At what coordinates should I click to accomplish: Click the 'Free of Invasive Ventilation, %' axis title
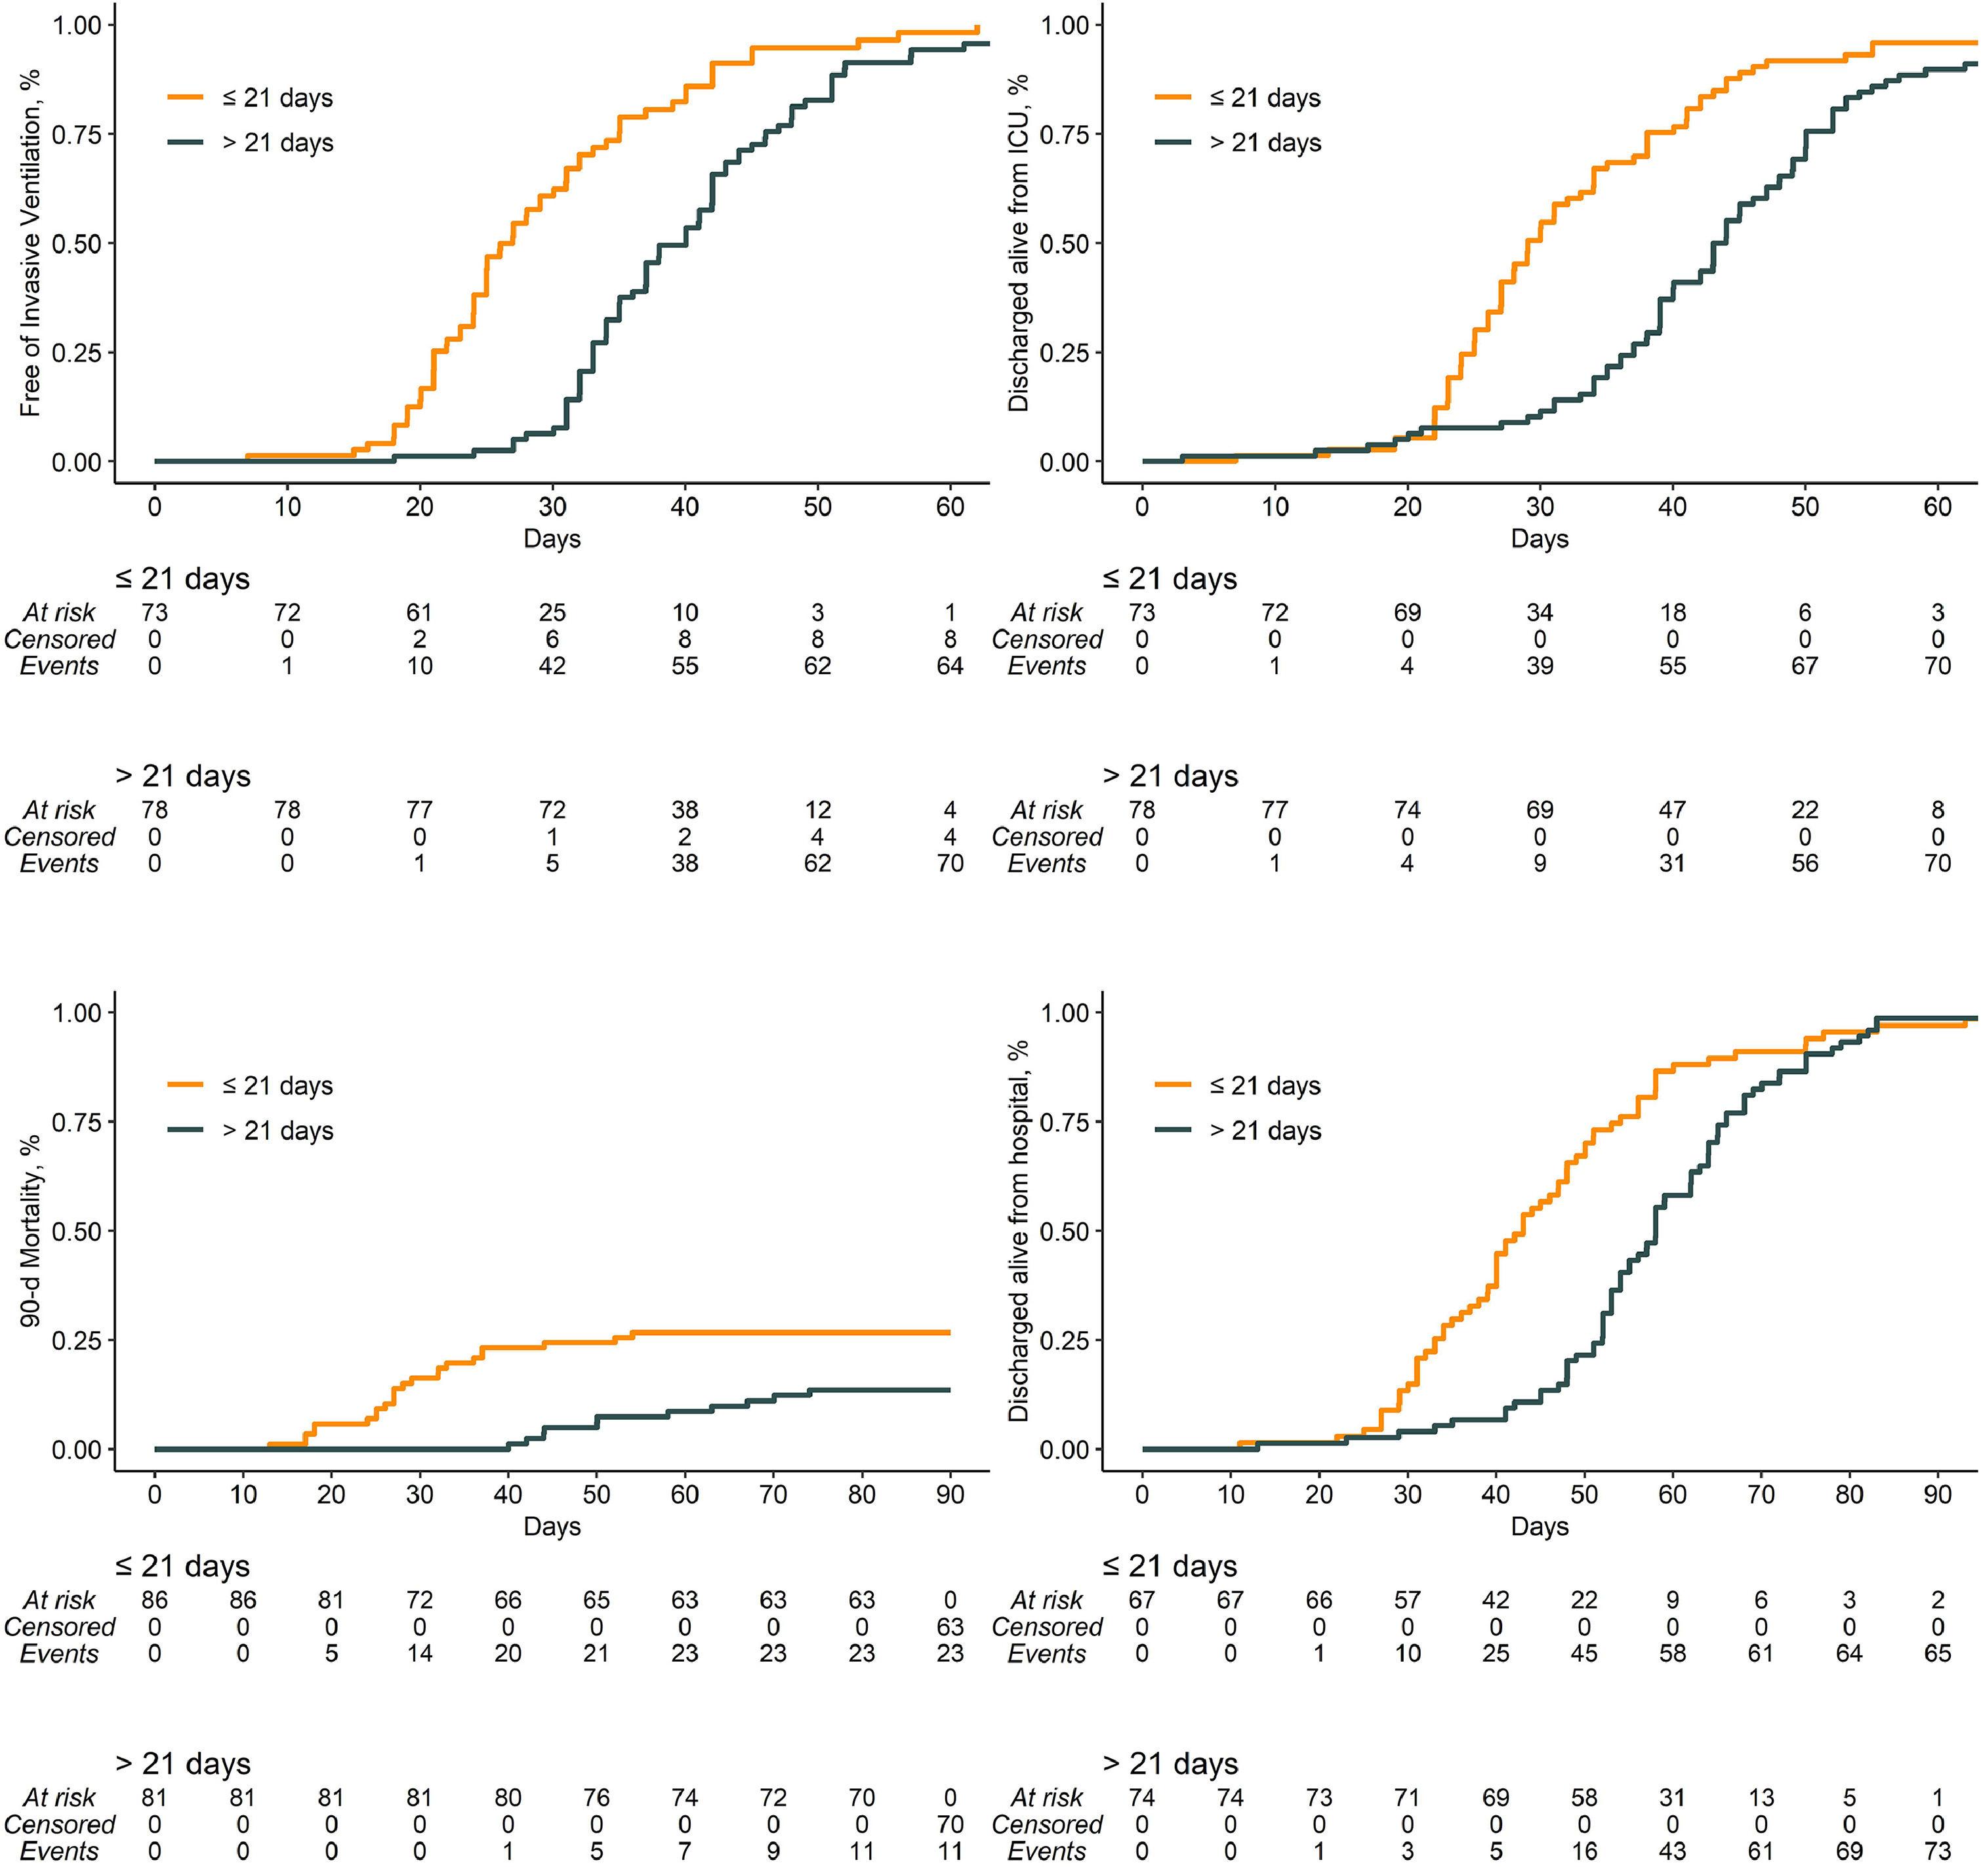point(31,243)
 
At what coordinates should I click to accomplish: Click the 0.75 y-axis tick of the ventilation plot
point(77,134)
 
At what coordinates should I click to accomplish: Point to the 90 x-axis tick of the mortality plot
point(950,1495)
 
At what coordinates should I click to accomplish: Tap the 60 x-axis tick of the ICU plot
point(1937,507)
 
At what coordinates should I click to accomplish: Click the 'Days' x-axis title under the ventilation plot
point(552,539)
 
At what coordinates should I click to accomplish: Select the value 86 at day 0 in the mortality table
point(154,1600)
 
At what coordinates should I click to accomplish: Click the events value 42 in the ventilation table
point(552,666)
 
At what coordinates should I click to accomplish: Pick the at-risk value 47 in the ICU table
point(1672,810)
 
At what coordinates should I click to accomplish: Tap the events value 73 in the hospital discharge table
point(1937,1851)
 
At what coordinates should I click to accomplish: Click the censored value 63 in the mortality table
point(950,1627)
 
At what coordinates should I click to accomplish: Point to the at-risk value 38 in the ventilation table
point(685,810)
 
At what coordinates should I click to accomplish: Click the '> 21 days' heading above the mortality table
point(184,1763)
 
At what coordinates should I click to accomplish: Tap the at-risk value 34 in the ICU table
point(1540,612)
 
